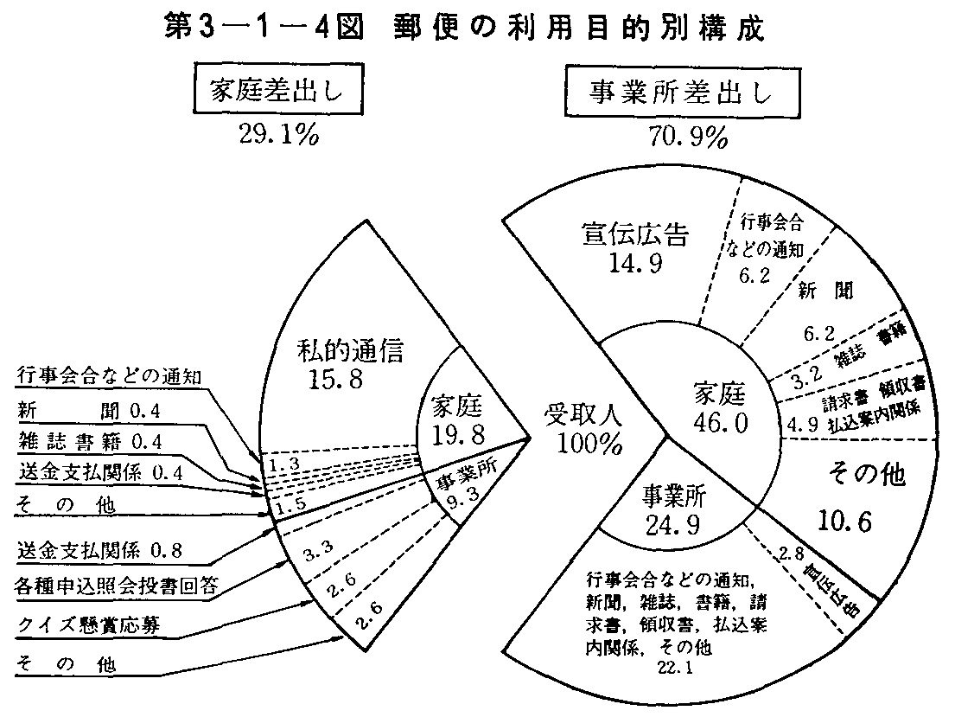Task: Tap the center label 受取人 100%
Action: [x=585, y=429]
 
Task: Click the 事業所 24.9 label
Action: [x=673, y=507]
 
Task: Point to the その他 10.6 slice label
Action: [x=855, y=498]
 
